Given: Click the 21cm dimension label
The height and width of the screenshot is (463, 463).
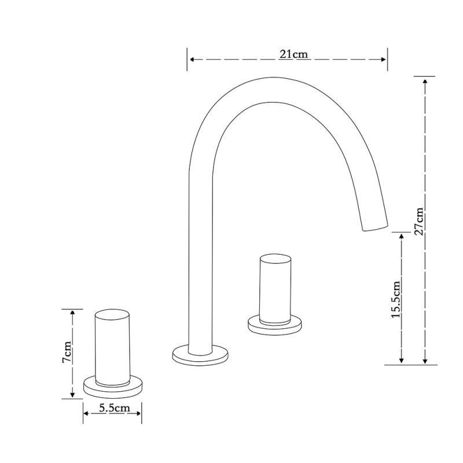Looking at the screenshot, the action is pyautogui.click(x=293, y=54).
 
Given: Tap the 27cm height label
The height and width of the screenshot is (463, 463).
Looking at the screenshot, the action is pyautogui.click(x=419, y=222).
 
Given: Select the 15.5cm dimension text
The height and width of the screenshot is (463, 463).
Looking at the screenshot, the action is pyautogui.click(x=395, y=299).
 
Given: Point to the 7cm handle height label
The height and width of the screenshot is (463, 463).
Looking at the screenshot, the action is pyautogui.click(x=67, y=352).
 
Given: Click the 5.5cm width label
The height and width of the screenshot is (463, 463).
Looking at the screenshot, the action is pyautogui.click(x=114, y=408).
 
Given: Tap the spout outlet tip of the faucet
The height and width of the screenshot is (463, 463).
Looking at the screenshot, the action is pyautogui.click(x=375, y=227).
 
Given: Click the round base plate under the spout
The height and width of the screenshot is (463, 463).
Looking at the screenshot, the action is pyautogui.click(x=200, y=355).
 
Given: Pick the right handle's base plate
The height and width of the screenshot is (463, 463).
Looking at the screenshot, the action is pyautogui.click(x=275, y=325).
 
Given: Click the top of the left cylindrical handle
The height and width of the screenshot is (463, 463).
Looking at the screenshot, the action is pyautogui.click(x=112, y=314).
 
